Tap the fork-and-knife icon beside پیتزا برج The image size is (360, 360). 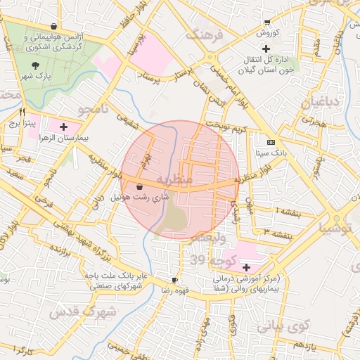click(22, 111)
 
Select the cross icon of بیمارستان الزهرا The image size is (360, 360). click(64, 127)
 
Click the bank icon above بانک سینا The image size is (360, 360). click(271, 141)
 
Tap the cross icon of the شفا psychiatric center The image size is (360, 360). click(246, 267)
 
